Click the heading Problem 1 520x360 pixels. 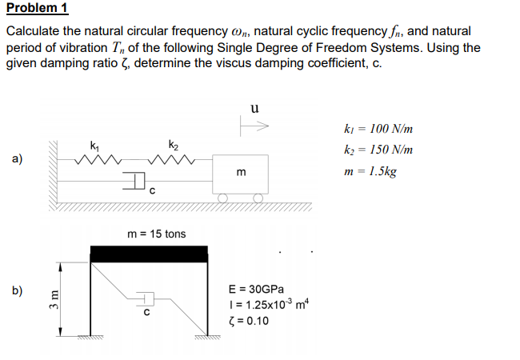click(x=38, y=9)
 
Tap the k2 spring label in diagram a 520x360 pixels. click(x=173, y=144)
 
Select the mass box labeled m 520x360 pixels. click(x=241, y=173)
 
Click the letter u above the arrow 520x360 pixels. click(x=254, y=107)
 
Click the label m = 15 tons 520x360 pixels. click(x=156, y=234)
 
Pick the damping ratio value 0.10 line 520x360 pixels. click(x=248, y=322)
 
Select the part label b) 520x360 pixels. click(x=17, y=290)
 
